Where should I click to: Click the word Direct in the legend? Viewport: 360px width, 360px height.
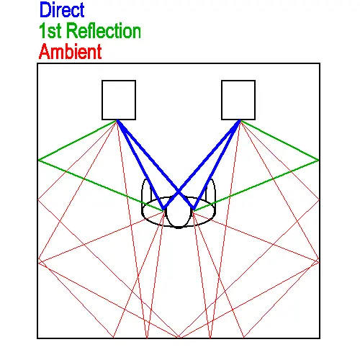point(62,9)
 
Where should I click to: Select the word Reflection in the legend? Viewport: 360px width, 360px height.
point(104,31)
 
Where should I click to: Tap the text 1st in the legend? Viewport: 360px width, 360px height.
point(50,31)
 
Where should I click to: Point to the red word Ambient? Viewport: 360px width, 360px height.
point(70,51)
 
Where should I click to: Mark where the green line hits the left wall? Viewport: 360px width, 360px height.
point(38,160)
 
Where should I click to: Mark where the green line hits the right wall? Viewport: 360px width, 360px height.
point(319,160)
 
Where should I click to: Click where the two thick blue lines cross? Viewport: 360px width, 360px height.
point(179,192)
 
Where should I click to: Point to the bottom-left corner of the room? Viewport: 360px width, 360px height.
point(37,338)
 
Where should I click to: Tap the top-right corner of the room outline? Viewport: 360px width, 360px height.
point(320,63)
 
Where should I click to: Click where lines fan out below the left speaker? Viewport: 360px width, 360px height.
point(117,121)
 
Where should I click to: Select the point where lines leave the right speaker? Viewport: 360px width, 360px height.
point(240,121)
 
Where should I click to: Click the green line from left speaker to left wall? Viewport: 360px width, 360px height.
point(78,140)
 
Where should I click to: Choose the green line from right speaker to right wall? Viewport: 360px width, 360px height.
point(279,140)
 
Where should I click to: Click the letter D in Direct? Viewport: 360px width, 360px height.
point(45,9)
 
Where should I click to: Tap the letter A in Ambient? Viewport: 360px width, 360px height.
point(45,51)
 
